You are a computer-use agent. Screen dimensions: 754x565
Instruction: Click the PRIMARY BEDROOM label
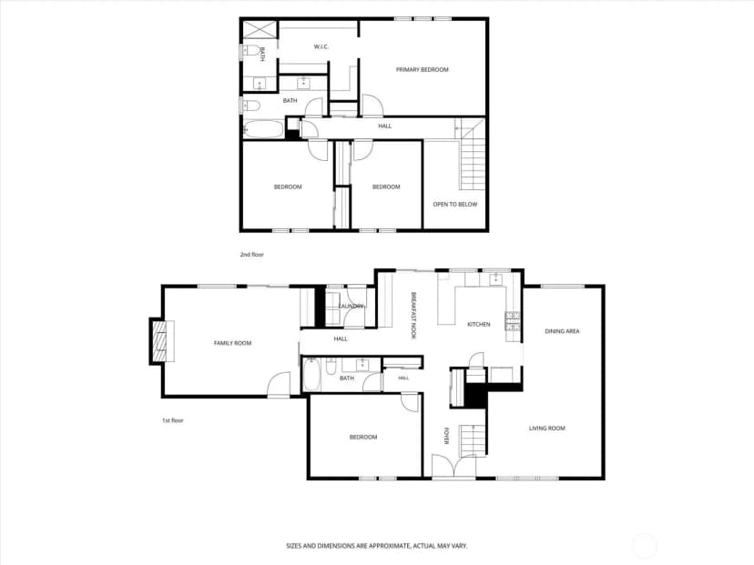[x=423, y=70]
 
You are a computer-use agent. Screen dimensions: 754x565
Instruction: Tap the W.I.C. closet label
[x=321, y=46]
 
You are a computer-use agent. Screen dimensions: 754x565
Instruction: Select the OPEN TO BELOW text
[x=455, y=204]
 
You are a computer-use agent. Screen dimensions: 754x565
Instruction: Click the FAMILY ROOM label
[x=233, y=343]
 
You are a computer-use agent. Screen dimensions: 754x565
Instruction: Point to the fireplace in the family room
[x=162, y=341]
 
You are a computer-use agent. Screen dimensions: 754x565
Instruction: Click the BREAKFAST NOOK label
[x=413, y=316]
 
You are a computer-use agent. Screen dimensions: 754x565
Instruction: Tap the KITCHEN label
[x=479, y=324]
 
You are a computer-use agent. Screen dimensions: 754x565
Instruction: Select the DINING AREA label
[x=562, y=331]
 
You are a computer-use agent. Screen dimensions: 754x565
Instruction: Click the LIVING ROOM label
[x=546, y=429]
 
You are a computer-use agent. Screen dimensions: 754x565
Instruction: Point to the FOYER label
[x=447, y=436]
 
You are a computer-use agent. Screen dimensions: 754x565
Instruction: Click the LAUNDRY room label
[x=351, y=306]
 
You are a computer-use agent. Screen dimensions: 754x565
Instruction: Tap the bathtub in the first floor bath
[x=311, y=375]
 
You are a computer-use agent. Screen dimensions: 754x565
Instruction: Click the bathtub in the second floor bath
[x=263, y=129]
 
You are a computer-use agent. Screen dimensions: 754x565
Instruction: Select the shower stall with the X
[x=260, y=29]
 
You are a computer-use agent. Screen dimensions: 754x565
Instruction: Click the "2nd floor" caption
[x=252, y=255]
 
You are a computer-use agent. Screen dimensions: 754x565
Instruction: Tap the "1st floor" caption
[x=173, y=420]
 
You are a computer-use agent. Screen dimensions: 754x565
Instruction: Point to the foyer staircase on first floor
[x=474, y=440]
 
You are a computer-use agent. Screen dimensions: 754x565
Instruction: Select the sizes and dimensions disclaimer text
[x=377, y=546]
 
